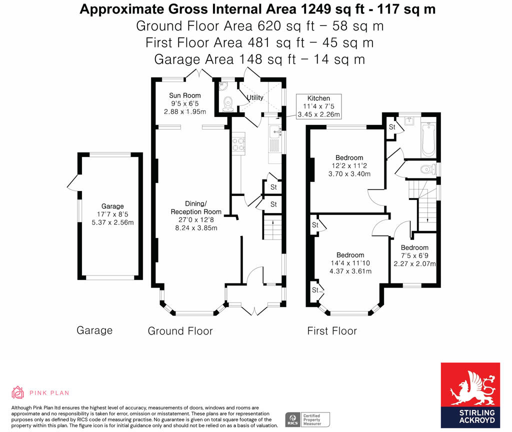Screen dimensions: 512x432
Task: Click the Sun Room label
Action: point(185,95)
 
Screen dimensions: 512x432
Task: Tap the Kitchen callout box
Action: point(318,106)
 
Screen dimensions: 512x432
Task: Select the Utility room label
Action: point(255,97)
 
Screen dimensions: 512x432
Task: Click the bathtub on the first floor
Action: point(428,140)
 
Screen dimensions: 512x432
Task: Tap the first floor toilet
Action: point(428,169)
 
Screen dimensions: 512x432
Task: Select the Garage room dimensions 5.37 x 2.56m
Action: point(112,222)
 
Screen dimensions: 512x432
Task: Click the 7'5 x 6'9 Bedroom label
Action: point(414,255)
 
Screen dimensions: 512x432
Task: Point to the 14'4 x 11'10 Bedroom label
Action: point(350,263)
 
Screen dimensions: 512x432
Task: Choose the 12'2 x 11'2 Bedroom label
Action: point(349,166)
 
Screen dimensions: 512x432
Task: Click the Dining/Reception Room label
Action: point(196,216)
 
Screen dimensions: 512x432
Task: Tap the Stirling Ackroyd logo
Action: point(470,395)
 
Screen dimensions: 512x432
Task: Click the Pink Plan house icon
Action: point(17,392)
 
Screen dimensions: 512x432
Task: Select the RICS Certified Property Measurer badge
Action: point(307,419)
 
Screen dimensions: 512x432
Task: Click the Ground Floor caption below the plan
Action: point(180,331)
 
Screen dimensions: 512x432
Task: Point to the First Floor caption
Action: point(332,331)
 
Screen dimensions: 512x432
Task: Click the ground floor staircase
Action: point(272,227)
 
